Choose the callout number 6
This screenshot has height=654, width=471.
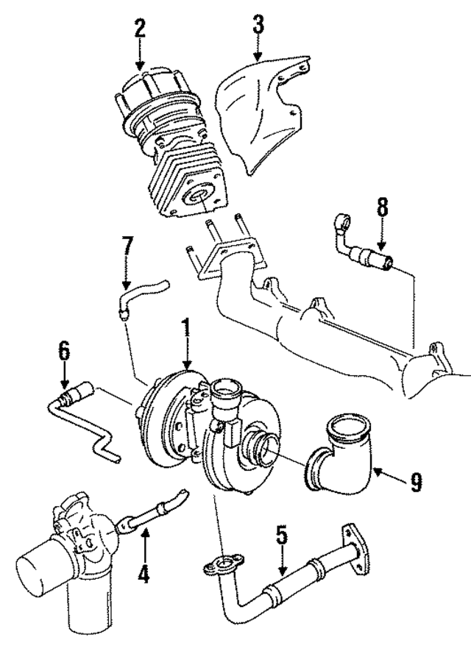click(x=65, y=349)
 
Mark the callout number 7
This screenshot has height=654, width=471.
click(x=127, y=251)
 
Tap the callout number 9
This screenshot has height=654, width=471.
click(x=416, y=483)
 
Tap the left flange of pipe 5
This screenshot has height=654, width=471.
click(x=220, y=565)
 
